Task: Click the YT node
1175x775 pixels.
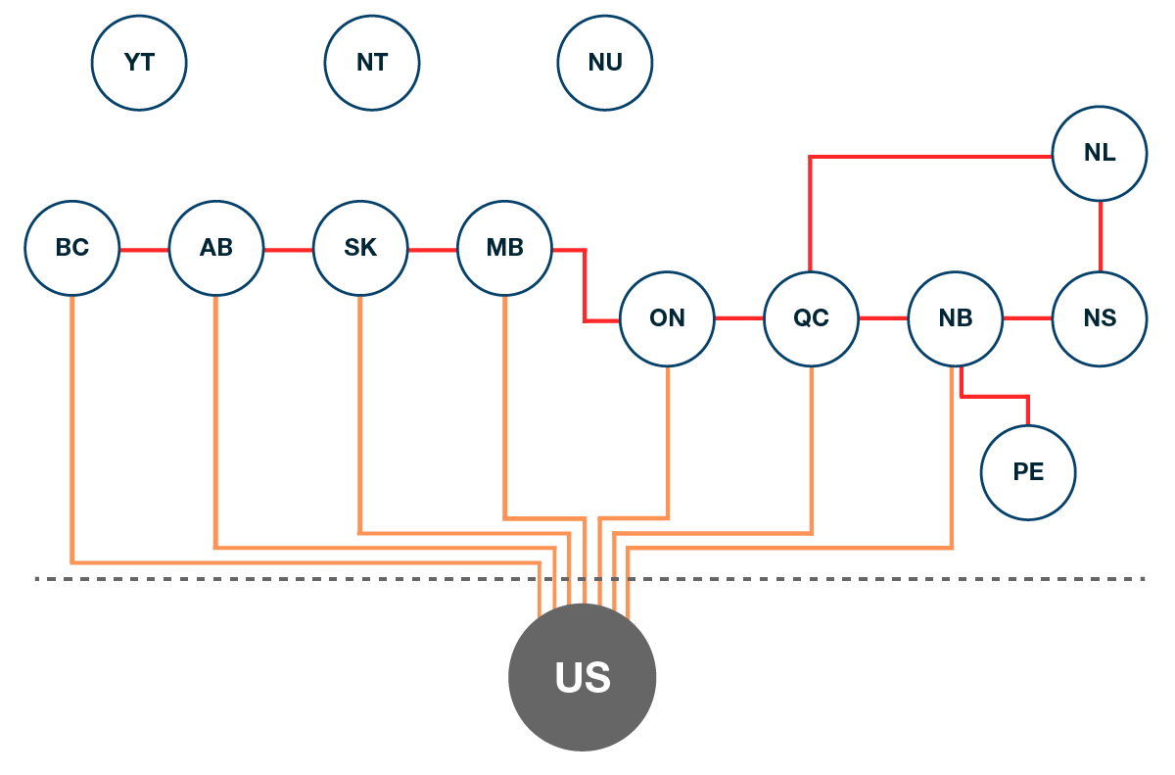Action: pyautogui.click(x=139, y=63)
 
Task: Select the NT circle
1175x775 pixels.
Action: pyautogui.click(x=372, y=63)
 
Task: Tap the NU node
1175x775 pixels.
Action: pyautogui.click(x=605, y=63)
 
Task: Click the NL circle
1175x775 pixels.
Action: pyautogui.click(x=1100, y=154)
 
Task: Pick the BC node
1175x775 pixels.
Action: pyautogui.click(x=72, y=249)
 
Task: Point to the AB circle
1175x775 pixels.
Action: pyautogui.click(x=216, y=249)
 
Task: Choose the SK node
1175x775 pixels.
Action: pyautogui.click(x=360, y=249)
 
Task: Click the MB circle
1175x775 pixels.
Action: pyautogui.click(x=505, y=249)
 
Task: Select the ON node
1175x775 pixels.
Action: pyautogui.click(x=667, y=318)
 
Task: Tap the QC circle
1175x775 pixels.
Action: pyautogui.click(x=811, y=318)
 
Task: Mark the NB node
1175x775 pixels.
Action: pyautogui.click(x=956, y=318)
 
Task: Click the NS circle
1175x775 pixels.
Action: pyautogui.click(x=1100, y=318)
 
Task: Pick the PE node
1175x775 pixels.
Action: pyautogui.click(x=1028, y=472)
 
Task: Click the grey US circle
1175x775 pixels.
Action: pyautogui.click(x=583, y=677)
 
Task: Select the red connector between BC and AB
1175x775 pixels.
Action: pyautogui.click(x=144, y=250)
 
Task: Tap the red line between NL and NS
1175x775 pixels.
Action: pyautogui.click(x=1101, y=236)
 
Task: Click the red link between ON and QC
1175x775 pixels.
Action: pyautogui.click(x=739, y=318)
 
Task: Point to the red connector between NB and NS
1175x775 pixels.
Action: pyautogui.click(x=1027, y=318)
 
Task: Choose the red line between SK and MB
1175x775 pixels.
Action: pyautogui.click(x=433, y=250)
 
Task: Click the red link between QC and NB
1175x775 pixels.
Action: pyautogui.click(x=883, y=318)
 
